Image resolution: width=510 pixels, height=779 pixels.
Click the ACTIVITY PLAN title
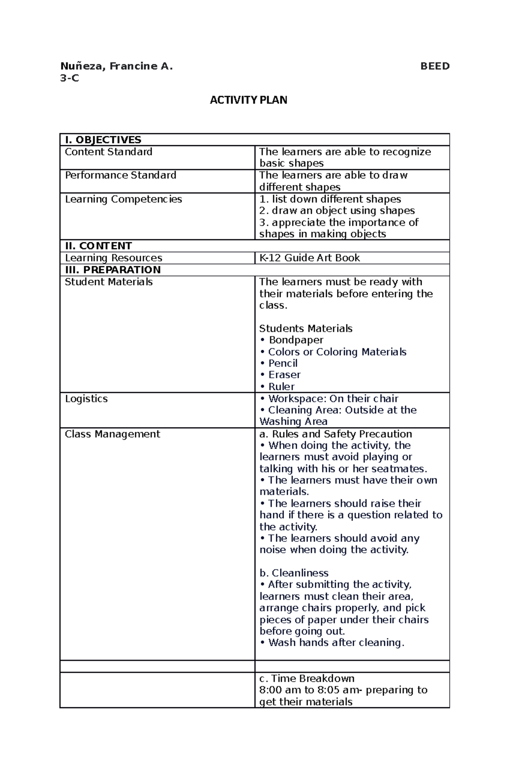(x=249, y=100)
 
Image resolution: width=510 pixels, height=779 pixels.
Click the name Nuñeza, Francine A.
(x=116, y=66)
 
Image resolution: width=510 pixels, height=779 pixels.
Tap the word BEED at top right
(x=434, y=66)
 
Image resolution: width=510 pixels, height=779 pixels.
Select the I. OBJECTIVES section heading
(x=103, y=140)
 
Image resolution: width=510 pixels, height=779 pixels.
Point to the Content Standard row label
(x=108, y=152)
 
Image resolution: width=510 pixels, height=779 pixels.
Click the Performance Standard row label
(x=120, y=175)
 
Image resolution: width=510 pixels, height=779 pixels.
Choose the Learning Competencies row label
(x=123, y=199)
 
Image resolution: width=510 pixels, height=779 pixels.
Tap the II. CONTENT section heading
(x=98, y=246)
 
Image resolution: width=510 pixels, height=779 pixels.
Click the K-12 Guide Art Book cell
(x=309, y=258)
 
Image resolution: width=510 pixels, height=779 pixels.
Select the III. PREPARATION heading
(x=113, y=270)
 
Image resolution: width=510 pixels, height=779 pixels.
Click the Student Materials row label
(x=108, y=282)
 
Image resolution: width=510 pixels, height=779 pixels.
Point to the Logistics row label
(x=86, y=399)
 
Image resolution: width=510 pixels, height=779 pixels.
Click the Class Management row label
(x=112, y=434)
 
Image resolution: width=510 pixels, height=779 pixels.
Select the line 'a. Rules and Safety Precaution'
(x=335, y=434)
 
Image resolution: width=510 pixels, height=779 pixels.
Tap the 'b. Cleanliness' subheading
(x=294, y=573)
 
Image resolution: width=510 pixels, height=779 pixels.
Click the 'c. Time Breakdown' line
(x=306, y=678)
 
